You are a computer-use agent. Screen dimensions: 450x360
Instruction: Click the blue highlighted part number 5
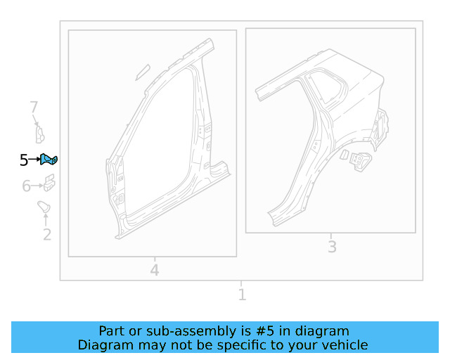tap(49, 160)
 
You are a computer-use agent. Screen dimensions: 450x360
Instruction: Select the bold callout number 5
tap(24, 160)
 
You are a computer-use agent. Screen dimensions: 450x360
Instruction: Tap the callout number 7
tap(34, 107)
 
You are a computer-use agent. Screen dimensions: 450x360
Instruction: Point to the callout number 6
tap(27, 186)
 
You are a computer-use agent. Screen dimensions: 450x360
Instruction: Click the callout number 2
tap(47, 235)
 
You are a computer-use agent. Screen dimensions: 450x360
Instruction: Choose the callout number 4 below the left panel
tap(155, 270)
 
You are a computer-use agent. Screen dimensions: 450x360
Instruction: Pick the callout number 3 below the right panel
tap(332, 247)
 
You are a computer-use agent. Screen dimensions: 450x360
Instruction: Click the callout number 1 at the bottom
tap(242, 295)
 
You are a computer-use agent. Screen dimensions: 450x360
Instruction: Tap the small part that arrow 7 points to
tap(40, 135)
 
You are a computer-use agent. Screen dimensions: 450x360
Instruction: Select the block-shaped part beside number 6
tap(49, 183)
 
